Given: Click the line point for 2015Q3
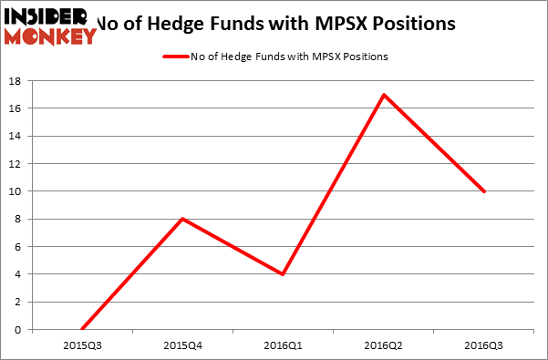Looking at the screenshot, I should (x=82, y=329).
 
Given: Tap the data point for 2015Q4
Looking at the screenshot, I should (x=182, y=219).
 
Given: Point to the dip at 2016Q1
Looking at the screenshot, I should (x=284, y=274).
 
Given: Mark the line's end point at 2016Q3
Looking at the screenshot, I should (x=485, y=191).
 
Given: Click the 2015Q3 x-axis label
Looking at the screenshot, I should (x=82, y=345).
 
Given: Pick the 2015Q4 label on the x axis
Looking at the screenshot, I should (x=182, y=345).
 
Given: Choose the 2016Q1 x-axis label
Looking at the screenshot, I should (x=284, y=345).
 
